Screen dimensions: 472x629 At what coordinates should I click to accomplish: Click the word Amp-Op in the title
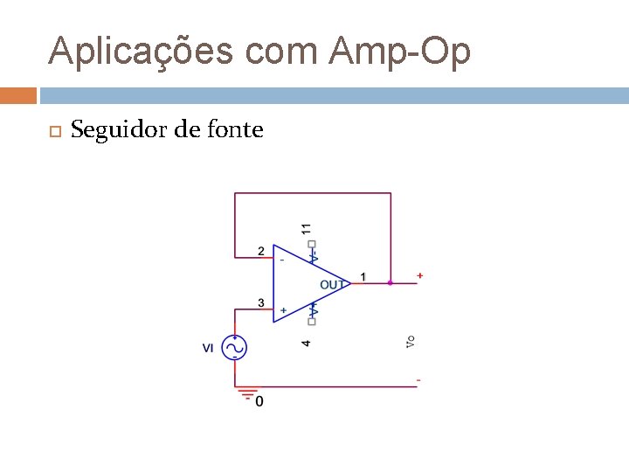click(400, 52)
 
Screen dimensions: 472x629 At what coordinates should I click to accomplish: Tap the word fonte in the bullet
click(233, 131)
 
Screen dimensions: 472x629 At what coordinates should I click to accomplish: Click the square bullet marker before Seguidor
click(52, 132)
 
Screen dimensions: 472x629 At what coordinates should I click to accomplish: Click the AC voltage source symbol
click(234, 348)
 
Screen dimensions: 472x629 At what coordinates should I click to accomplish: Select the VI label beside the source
click(208, 348)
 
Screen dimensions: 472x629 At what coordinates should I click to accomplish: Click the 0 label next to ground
click(259, 401)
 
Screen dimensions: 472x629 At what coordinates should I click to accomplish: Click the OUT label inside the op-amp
click(332, 285)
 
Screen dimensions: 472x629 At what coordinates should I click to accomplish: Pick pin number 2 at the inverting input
click(260, 252)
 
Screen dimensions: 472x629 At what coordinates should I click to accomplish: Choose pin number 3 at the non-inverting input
click(260, 303)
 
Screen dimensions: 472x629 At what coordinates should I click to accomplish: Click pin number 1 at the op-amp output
click(363, 277)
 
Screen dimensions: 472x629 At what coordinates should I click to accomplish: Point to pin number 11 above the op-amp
click(306, 228)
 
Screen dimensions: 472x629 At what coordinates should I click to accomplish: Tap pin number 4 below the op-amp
click(306, 342)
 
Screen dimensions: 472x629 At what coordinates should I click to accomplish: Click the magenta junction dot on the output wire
click(390, 282)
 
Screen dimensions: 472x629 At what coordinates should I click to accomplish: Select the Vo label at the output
click(410, 341)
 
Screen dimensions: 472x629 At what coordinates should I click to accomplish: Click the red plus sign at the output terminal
click(420, 276)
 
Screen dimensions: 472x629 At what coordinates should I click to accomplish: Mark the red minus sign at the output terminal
click(418, 380)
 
